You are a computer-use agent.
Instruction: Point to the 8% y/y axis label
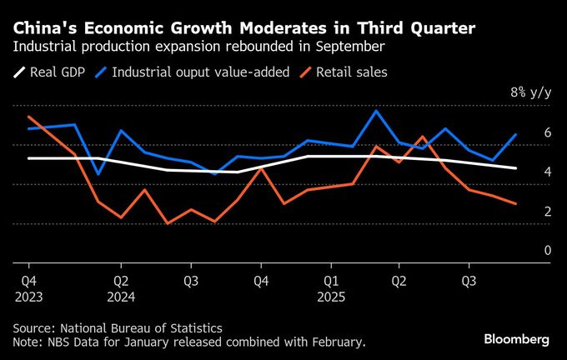pos(530,92)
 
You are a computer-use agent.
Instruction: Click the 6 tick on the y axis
pos(548,132)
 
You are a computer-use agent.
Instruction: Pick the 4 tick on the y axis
pos(548,172)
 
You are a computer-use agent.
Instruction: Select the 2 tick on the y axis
pos(548,211)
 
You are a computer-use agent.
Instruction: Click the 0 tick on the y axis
pos(548,250)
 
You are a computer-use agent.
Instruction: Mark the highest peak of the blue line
pos(376,111)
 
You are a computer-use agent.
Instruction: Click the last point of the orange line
pos(516,203)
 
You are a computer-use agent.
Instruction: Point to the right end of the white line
pos(516,168)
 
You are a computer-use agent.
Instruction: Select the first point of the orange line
pos(29,117)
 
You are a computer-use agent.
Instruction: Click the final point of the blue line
pos(516,134)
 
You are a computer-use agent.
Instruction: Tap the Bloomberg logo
pos(517,339)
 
